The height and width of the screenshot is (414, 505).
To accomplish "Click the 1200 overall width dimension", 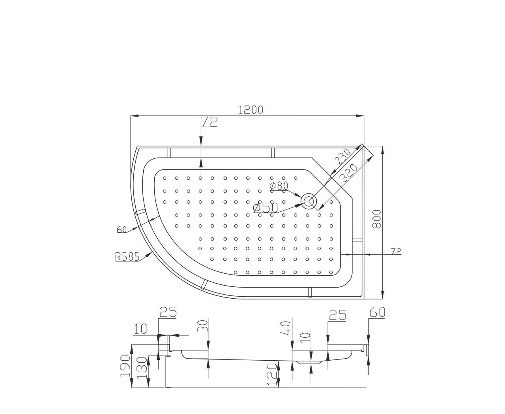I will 251,110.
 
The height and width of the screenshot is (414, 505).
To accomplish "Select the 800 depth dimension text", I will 377,220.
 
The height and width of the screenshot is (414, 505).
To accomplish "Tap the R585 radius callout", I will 127,257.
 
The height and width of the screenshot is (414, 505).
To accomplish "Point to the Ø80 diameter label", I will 279,186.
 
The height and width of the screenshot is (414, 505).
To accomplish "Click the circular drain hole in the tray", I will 308,201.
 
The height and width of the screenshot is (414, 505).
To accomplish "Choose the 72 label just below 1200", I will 209,122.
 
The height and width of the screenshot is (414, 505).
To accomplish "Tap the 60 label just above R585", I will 122,230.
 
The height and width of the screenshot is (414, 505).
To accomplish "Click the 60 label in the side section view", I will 377,312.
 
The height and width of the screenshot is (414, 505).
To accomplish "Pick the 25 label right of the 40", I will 338,315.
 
